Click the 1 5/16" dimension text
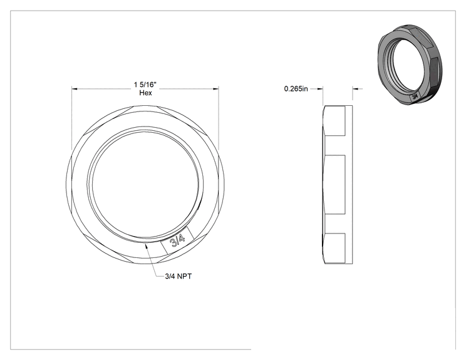click(x=145, y=85)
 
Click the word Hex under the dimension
click(x=145, y=93)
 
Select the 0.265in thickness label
click(x=296, y=88)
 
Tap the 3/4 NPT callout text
click(x=179, y=276)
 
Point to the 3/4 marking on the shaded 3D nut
click(x=415, y=96)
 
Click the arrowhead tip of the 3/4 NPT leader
click(x=145, y=244)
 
